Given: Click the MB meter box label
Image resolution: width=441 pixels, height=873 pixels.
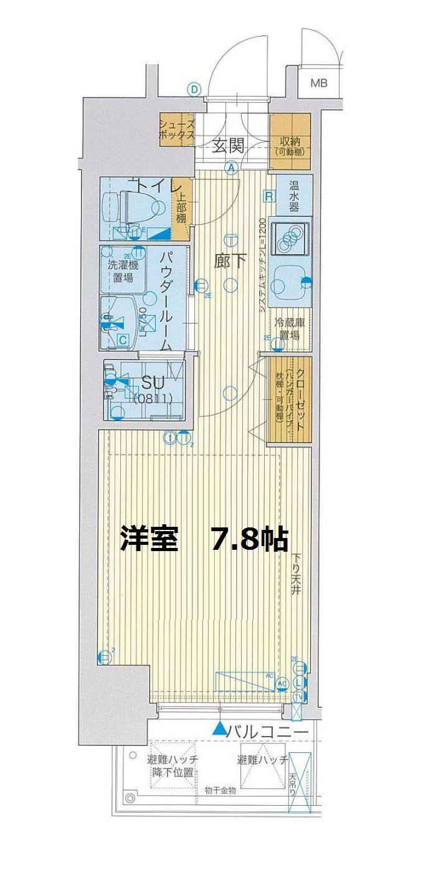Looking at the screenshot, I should point(319,83).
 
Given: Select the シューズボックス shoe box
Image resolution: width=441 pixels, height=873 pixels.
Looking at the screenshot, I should point(177,130).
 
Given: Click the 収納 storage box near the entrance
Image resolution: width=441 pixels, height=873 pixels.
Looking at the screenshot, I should point(290,141).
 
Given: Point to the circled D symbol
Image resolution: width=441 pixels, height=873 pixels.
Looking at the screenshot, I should point(195,90).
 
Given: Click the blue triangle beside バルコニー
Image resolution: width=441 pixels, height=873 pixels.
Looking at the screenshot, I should point(219,728).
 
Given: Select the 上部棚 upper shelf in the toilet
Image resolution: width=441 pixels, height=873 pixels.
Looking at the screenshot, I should point(180,209).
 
